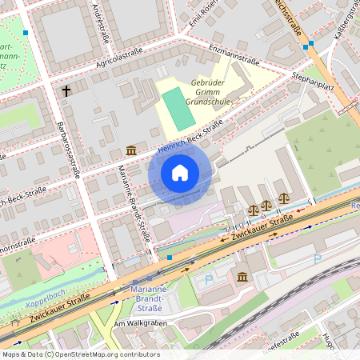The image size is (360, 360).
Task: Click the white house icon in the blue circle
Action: pyautogui.click(x=179, y=173)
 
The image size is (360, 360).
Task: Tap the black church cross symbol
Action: pyautogui.click(x=66, y=91)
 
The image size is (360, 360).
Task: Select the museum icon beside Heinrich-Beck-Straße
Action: pyautogui.click(x=130, y=150)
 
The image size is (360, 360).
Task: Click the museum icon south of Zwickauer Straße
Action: pyautogui.click(x=242, y=277)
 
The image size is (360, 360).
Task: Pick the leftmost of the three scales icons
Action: pyautogui.click(x=254, y=209)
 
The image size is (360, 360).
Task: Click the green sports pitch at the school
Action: pyautogui.click(x=178, y=109)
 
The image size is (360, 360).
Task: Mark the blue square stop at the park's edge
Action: pyautogui.click(x=26, y=34)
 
